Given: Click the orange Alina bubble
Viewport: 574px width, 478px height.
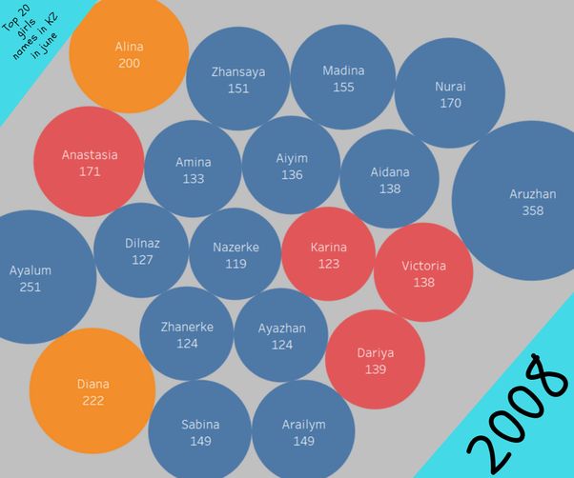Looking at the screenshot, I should click(129, 54).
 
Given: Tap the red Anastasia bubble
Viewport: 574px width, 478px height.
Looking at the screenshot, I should click(90, 163).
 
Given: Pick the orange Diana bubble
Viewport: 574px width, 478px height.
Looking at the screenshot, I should click(92, 392).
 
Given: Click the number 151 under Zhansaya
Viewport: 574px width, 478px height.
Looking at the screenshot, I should click(238, 89).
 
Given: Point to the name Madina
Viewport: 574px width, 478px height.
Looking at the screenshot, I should click(343, 70).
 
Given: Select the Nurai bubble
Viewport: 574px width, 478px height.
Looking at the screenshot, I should click(450, 93).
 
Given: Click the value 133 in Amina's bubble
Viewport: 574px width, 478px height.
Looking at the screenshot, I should click(194, 179).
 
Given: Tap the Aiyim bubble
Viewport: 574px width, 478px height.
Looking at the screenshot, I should click(292, 166).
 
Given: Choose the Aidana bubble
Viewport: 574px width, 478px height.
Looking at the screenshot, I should click(389, 180).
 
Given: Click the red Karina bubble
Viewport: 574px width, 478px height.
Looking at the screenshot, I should click(329, 254).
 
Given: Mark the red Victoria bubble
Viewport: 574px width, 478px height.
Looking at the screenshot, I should click(423, 273).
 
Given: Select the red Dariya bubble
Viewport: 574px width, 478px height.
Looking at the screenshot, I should click(375, 360).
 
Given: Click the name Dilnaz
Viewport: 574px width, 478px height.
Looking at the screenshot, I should click(142, 243).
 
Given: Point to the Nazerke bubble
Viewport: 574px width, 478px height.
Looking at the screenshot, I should click(236, 254).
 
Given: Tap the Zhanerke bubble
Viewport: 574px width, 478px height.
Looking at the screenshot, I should click(187, 334).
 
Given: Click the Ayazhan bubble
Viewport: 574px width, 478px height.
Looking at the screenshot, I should click(281, 336).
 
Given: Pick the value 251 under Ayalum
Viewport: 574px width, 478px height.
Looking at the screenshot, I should click(31, 287).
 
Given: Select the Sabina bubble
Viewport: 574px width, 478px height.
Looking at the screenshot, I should click(200, 432).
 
